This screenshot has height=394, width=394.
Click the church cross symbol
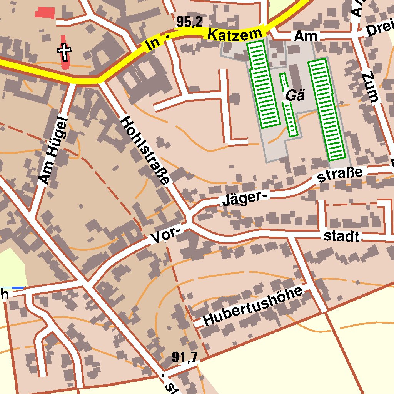pos(65,52)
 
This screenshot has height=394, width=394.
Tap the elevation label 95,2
pos(189,22)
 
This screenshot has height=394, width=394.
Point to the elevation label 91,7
pos(184,358)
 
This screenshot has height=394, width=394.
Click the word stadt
pos(341,236)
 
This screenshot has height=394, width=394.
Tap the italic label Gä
pos(295,95)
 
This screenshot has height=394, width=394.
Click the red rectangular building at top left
pos(45,13)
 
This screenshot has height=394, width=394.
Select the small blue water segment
pos(18,287)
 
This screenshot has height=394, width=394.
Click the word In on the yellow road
pos(153,46)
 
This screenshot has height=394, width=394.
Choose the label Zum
pos(372,87)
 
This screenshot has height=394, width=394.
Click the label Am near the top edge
pos(306,37)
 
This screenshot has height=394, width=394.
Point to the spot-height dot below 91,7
pos(163,374)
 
